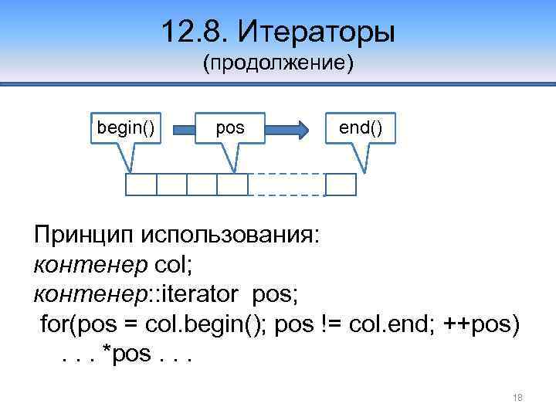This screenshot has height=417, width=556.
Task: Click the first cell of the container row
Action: (x=141, y=185)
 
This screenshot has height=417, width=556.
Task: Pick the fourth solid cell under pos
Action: (x=232, y=185)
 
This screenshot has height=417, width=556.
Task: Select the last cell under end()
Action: (x=341, y=185)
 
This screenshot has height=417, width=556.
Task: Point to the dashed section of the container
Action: (x=286, y=185)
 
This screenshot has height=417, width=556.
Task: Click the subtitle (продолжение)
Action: (x=278, y=63)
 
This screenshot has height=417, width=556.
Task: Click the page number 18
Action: (x=517, y=397)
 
